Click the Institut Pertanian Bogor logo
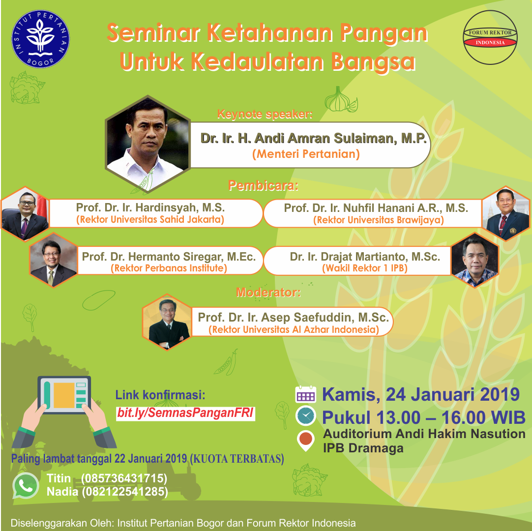coord(40,39)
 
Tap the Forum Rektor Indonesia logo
coord(490,37)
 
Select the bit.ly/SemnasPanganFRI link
coord(185,413)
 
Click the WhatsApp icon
coord(26,486)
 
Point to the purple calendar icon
coord(306,395)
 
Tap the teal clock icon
coord(306,415)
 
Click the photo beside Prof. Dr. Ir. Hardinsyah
coord(25,213)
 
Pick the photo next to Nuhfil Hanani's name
coord(506,213)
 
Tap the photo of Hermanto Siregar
coord(54,260)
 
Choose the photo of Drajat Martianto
coord(475,260)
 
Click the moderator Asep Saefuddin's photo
coord(167,322)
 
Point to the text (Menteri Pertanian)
coord(306,154)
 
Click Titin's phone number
coord(124,478)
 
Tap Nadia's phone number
coord(125,492)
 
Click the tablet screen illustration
coord(64,395)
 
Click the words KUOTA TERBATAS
coord(237,459)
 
